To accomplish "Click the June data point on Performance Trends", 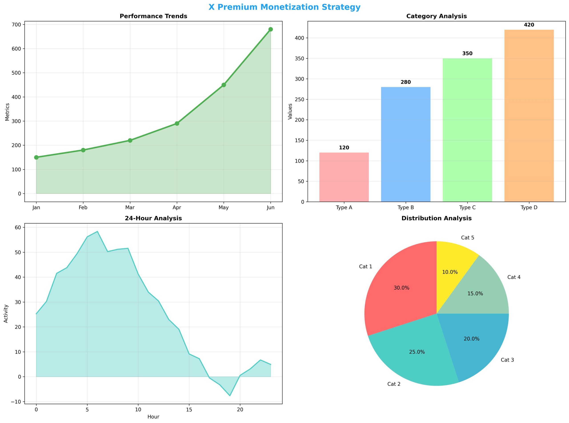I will tap(270, 29).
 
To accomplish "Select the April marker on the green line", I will tap(177, 123).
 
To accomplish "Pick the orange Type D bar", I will tap(529, 116).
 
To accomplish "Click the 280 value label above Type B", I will tap(405, 82).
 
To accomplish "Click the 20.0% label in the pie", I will tap(471, 339).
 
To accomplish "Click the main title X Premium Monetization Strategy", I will tap(284, 7).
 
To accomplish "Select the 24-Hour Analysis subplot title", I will tap(153, 218).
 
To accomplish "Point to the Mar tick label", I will tap(130, 207).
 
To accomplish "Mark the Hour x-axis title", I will tap(153, 417).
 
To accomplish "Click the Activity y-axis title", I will tap(6, 313).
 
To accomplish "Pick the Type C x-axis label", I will tap(467, 207).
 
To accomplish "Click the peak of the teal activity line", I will tap(97, 232).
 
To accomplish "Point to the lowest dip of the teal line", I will tap(230, 396).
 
